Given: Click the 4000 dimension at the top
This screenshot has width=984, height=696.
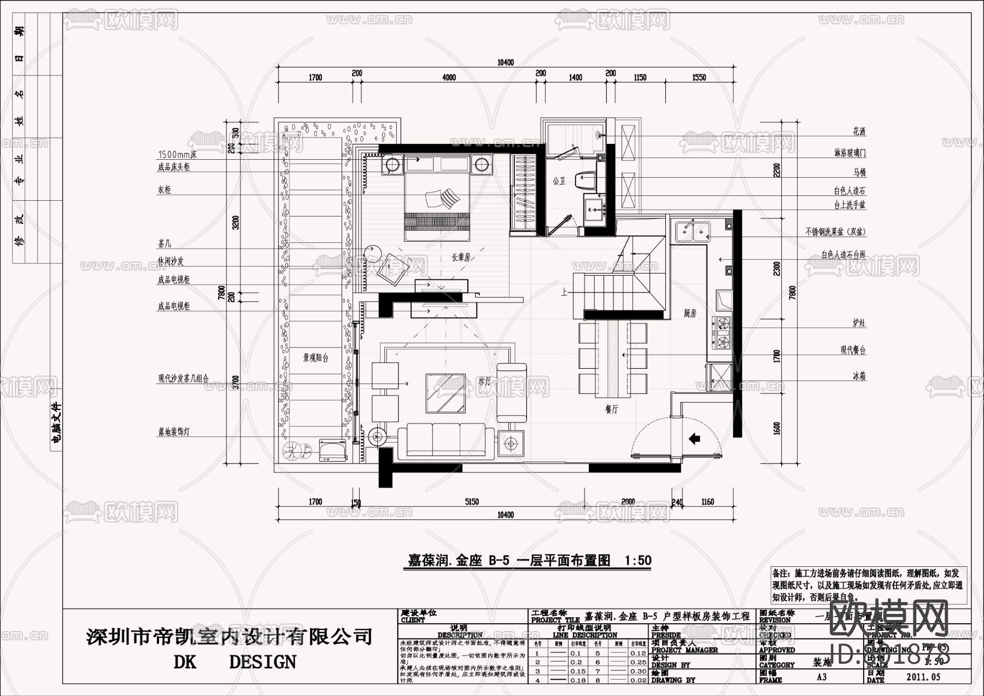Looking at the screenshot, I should (x=448, y=78).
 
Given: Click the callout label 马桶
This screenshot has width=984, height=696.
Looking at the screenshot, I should (x=859, y=172).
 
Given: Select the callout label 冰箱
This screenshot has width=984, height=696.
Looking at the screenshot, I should (x=859, y=376).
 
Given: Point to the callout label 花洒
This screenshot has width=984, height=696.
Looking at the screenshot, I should (x=859, y=132).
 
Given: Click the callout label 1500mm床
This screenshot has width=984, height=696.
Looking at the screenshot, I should (x=177, y=155).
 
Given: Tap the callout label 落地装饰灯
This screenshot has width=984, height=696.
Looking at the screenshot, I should (x=174, y=432).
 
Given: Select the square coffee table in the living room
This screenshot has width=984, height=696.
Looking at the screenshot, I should (x=446, y=393).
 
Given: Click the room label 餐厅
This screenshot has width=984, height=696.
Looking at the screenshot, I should (x=611, y=409).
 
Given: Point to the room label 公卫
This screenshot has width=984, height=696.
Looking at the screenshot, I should (x=559, y=181).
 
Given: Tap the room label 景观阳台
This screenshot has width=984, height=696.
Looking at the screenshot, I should (x=316, y=358).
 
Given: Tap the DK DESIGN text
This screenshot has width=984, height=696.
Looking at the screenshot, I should (x=235, y=662).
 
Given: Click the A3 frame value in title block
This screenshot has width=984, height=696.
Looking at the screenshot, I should (x=821, y=677).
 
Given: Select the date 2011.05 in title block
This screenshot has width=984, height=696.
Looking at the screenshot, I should (x=923, y=677).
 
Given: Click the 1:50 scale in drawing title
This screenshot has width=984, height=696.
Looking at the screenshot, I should (x=637, y=560).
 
